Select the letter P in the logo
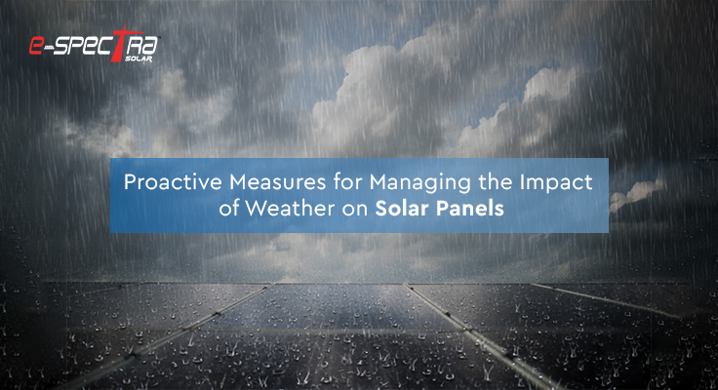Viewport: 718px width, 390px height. pos(80,47)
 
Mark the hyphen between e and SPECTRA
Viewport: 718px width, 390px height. pos(48,47)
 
